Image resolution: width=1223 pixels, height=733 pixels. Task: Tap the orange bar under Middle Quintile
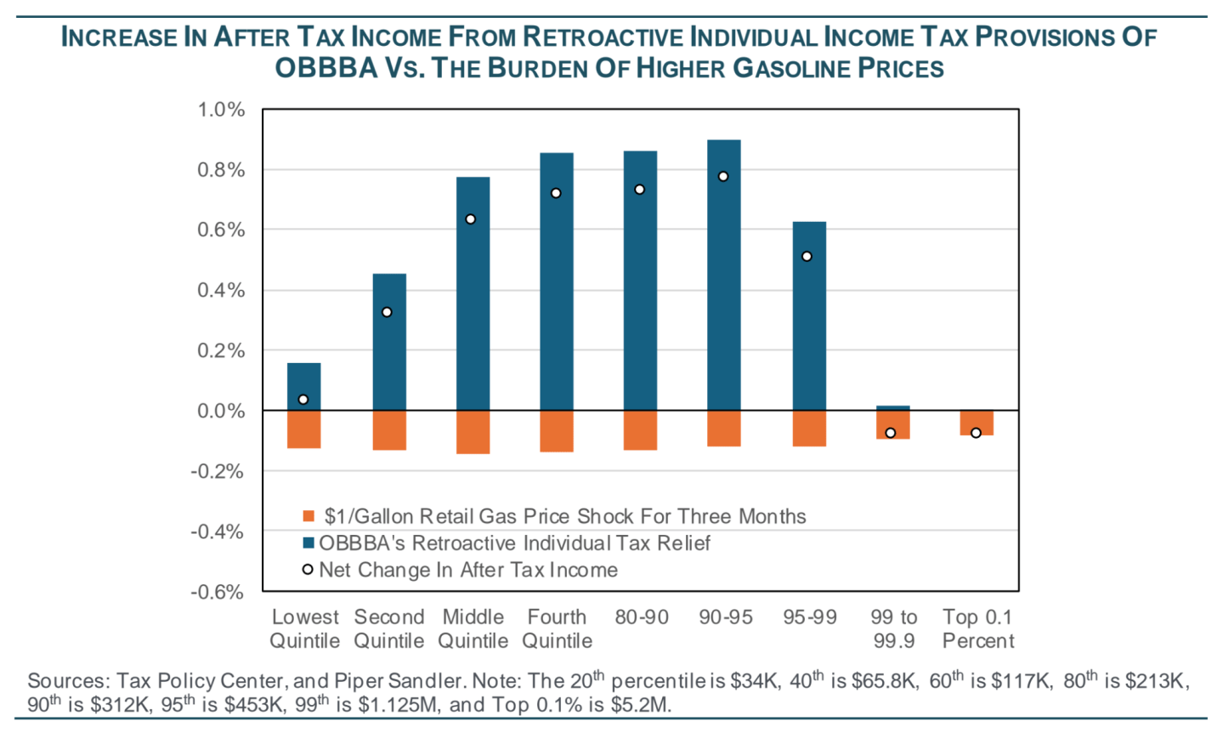473,432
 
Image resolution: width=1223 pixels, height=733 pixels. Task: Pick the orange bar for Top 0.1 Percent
977,423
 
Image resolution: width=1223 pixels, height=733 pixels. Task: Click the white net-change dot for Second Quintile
387,312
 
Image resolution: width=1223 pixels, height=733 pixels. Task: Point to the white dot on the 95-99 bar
807,256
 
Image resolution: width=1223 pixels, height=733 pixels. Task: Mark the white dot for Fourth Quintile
556,193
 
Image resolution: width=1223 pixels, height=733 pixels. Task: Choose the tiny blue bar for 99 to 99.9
892,408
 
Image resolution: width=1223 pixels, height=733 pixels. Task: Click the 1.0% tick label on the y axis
221,110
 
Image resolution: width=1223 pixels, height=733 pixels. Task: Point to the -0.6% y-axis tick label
218,592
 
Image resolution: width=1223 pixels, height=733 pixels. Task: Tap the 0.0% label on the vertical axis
221,412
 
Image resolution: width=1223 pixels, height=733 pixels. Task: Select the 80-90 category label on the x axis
642,617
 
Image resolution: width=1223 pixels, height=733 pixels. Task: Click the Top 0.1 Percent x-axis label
978,629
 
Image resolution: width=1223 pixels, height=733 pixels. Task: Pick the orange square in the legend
309,516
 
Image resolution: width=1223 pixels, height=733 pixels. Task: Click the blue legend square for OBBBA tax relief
309,543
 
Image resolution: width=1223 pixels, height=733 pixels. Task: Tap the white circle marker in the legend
308,569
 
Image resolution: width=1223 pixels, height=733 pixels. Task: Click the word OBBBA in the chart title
326,68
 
